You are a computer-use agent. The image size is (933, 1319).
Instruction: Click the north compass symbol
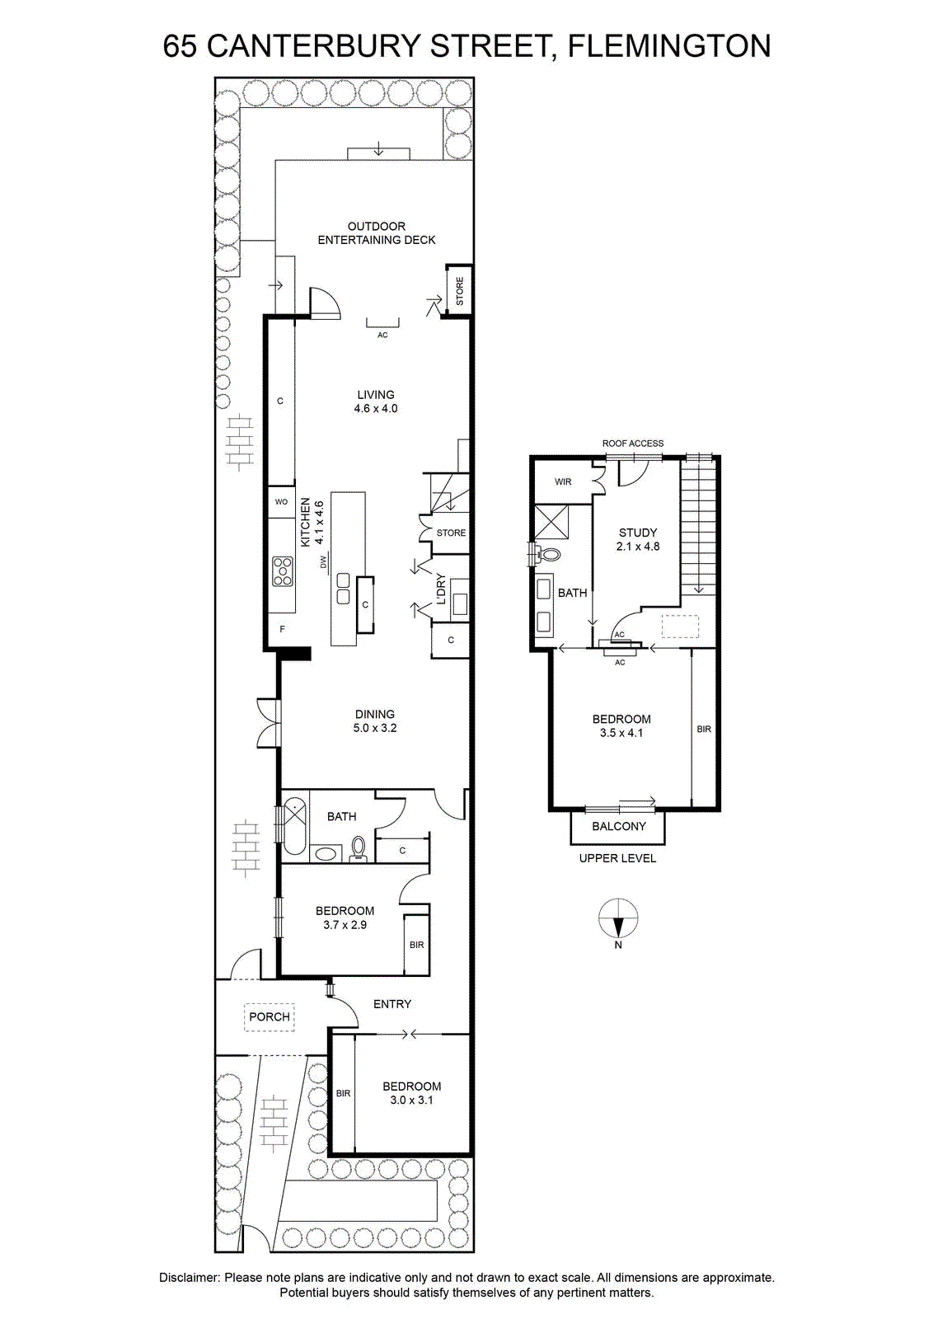coord(618,919)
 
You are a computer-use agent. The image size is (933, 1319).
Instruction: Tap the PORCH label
coord(269,1017)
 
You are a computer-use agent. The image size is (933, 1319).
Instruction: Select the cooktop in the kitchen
coord(284,571)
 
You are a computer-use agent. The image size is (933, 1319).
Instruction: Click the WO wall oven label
coord(281,502)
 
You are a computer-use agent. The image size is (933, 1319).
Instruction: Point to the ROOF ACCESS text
coord(633,444)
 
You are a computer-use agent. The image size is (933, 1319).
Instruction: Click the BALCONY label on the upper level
coord(619,826)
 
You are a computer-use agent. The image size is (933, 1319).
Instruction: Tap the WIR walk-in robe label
coord(563,481)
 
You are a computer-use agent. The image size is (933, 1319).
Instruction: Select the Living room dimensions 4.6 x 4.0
coord(376,408)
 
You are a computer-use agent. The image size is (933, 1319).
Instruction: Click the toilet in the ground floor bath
coord(359,848)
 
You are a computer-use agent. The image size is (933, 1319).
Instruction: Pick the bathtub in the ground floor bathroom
coord(295,826)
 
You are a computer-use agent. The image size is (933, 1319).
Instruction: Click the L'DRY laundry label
coord(441,589)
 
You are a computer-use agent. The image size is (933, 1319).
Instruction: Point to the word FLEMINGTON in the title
coord(668,46)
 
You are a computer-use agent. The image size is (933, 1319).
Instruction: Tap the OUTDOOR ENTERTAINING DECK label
coord(377,233)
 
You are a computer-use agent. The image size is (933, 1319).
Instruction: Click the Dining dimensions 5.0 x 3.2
coord(375,728)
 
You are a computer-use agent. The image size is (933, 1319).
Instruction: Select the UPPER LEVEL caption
coord(617,858)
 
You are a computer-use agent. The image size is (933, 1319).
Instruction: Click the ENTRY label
coord(392,1004)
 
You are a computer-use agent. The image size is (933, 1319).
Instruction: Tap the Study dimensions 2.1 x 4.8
coord(638,546)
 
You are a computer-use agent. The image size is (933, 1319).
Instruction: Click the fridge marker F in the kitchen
coord(282,629)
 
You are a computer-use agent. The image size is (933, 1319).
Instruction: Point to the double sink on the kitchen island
coord(343,589)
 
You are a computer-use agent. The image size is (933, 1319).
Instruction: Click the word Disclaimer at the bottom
coord(190,1278)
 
